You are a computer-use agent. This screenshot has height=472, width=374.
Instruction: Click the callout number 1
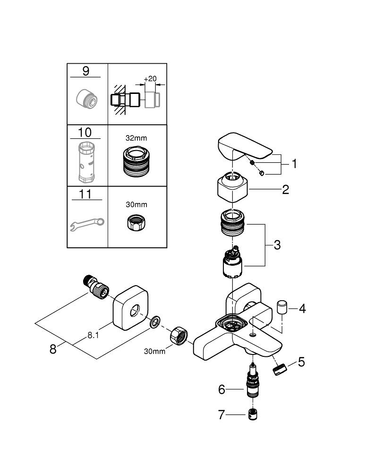[294, 164]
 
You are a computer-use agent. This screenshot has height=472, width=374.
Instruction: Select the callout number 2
[285, 190]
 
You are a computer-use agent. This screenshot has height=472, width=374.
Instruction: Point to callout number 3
[277, 245]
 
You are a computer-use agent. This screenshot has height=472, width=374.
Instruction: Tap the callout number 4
[302, 309]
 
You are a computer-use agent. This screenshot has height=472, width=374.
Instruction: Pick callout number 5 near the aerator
[301, 362]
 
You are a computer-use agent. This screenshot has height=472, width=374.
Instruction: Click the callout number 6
[221, 389]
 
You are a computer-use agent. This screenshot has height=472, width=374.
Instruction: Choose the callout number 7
[221, 415]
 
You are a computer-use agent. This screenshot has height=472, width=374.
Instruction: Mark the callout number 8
[53, 349]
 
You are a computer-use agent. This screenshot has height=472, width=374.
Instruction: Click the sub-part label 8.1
[93, 336]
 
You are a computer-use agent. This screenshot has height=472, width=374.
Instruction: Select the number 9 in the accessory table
[85, 71]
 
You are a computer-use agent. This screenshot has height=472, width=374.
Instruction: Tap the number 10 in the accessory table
[85, 132]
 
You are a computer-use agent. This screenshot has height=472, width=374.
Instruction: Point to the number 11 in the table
[85, 194]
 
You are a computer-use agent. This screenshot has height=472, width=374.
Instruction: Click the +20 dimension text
[150, 78]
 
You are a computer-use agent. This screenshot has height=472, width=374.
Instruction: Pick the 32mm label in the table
[136, 138]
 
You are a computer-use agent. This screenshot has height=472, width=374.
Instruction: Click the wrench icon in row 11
[87, 222]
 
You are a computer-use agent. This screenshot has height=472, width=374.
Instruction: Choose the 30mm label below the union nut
[155, 351]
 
